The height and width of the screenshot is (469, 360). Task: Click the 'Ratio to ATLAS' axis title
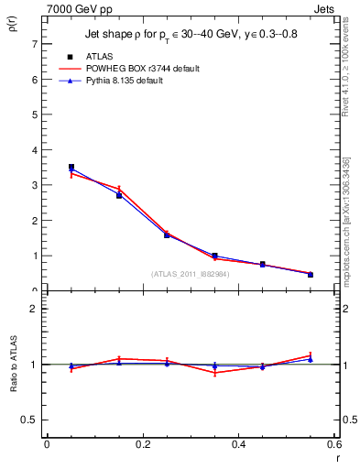pyautogui.click(x=13, y=365)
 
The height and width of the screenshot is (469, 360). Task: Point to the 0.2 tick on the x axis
pyautogui.click(x=142, y=444)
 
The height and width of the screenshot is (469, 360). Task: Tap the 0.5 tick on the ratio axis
pyautogui.click(x=30, y=420)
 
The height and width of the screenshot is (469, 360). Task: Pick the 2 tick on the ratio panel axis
pyautogui.click(x=34, y=309)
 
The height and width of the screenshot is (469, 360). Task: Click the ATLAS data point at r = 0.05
pyautogui.click(x=71, y=167)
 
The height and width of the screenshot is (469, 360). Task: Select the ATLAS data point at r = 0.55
pyautogui.click(x=311, y=274)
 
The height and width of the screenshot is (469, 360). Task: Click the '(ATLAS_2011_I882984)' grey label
pyautogui.click(x=190, y=273)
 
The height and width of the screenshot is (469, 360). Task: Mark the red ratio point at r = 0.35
pyautogui.click(x=214, y=373)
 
